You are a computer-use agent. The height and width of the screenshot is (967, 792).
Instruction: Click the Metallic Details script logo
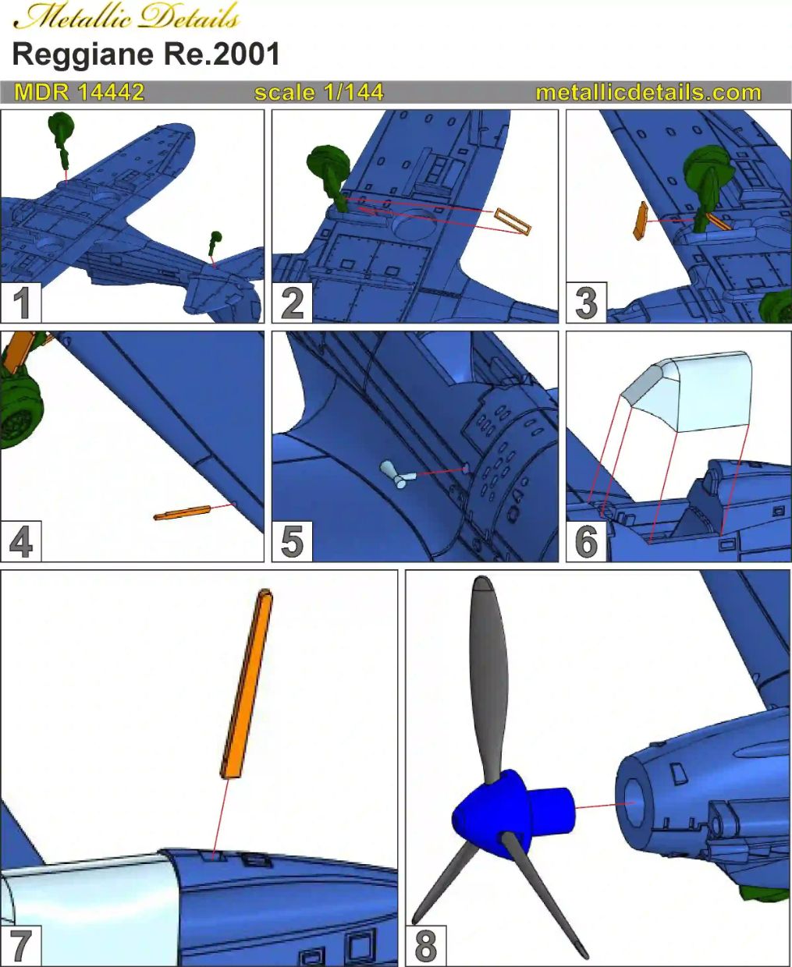tap(126, 17)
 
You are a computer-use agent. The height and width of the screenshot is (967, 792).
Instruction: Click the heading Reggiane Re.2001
tap(146, 55)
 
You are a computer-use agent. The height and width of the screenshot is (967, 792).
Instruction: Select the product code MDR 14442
tap(80, 93)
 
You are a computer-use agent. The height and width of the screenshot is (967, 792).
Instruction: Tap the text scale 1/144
tap(319, 93)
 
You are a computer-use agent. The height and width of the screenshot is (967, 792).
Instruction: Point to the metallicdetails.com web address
tap(648, 93)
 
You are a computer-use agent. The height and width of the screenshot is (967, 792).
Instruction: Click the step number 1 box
tap(21, 303)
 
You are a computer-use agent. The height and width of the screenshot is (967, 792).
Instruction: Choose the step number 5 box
tap(293, 541)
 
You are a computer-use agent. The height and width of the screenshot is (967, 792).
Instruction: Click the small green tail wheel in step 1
tap(215, 243)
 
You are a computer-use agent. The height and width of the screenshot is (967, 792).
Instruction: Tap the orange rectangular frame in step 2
tap(513, 221)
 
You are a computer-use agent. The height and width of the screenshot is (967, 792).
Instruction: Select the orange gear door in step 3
tap(640, 221)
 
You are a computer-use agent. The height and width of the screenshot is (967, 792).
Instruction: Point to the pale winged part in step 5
tap(396, 475)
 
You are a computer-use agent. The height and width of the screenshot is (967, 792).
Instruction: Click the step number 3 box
tap(586, 303)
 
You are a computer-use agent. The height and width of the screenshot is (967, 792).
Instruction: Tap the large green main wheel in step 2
tap(329, 165)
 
